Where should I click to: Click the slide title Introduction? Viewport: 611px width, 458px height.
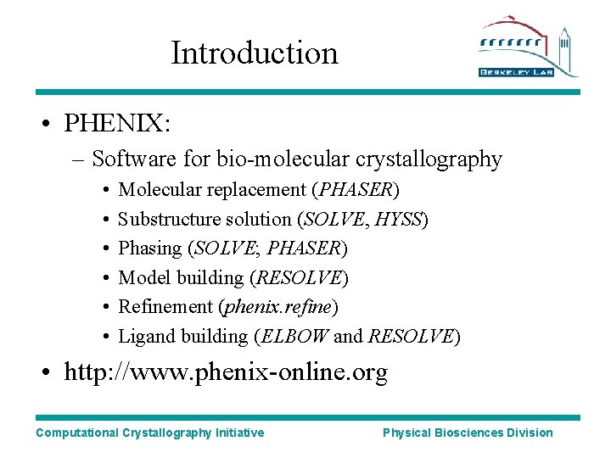(255, 53)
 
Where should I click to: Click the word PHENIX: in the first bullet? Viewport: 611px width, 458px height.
(118, 125)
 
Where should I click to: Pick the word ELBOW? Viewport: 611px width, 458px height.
(294, 336)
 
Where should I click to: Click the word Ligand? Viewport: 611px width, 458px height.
(143, 336)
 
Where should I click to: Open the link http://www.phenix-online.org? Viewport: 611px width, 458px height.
(226, 373)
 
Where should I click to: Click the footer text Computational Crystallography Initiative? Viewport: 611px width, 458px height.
(149, 433)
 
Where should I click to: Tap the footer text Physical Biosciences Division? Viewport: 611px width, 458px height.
(468, 433)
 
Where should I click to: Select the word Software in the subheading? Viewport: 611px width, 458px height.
(126, 159)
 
